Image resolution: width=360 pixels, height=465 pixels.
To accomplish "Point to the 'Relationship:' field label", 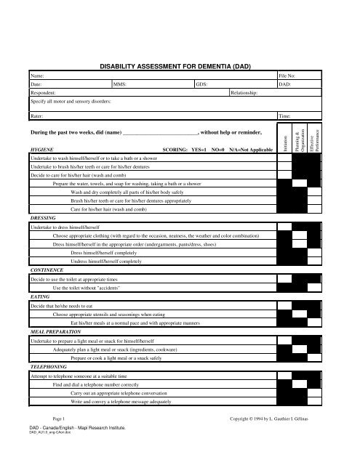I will click(x=246, y=94).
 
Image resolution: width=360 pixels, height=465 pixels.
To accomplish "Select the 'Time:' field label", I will click(x=287, y=116).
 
